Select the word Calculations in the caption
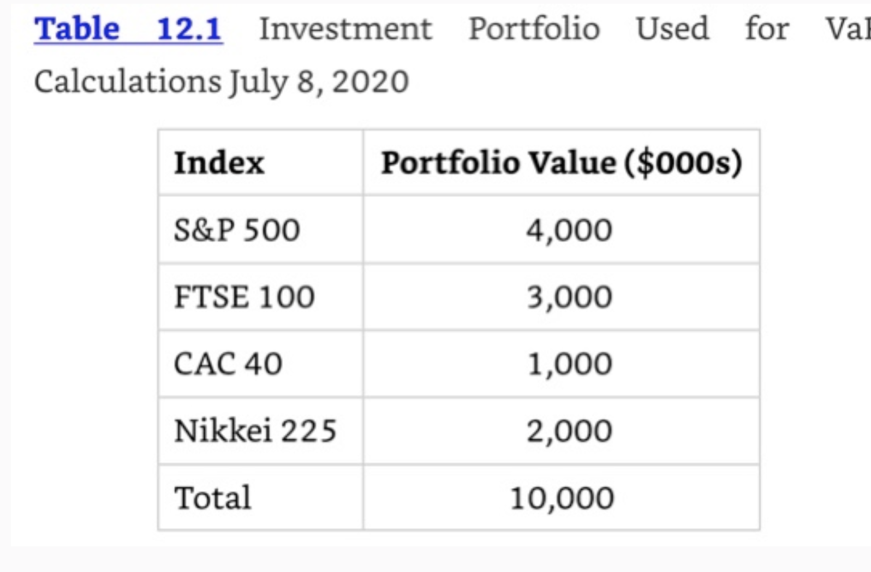pos(127,82)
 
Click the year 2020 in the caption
pos(371,82)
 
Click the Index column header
pos(219,163)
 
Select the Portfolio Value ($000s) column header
pos(562,163)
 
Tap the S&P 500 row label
pos(237,230)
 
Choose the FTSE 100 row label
pos(244,297)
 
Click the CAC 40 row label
pos(228,364)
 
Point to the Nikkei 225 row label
pos(255,431)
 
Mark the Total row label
pos(213,498)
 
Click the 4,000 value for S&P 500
pos(569,230)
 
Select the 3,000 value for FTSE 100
pos(569,297)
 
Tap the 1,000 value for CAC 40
pos(569,364)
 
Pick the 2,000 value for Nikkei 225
pos(569,431)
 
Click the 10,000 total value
pos(562,498)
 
